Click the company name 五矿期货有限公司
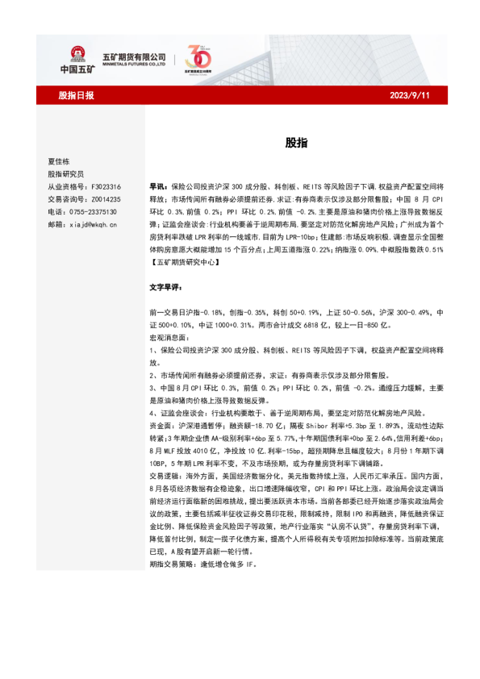click(133, 56)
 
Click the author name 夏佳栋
click(61, 161)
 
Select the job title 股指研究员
click(65, 173)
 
